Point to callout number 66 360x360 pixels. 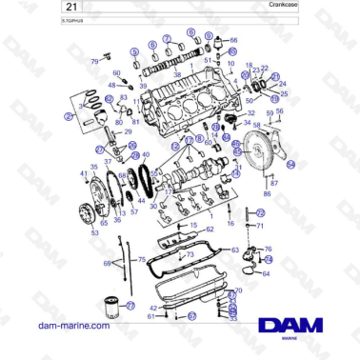point(234,40)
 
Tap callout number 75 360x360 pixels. point(142,259)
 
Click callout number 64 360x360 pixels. point(265,273)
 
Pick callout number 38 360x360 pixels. point(176,73)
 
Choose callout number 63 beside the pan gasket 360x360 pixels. point(235,250)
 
